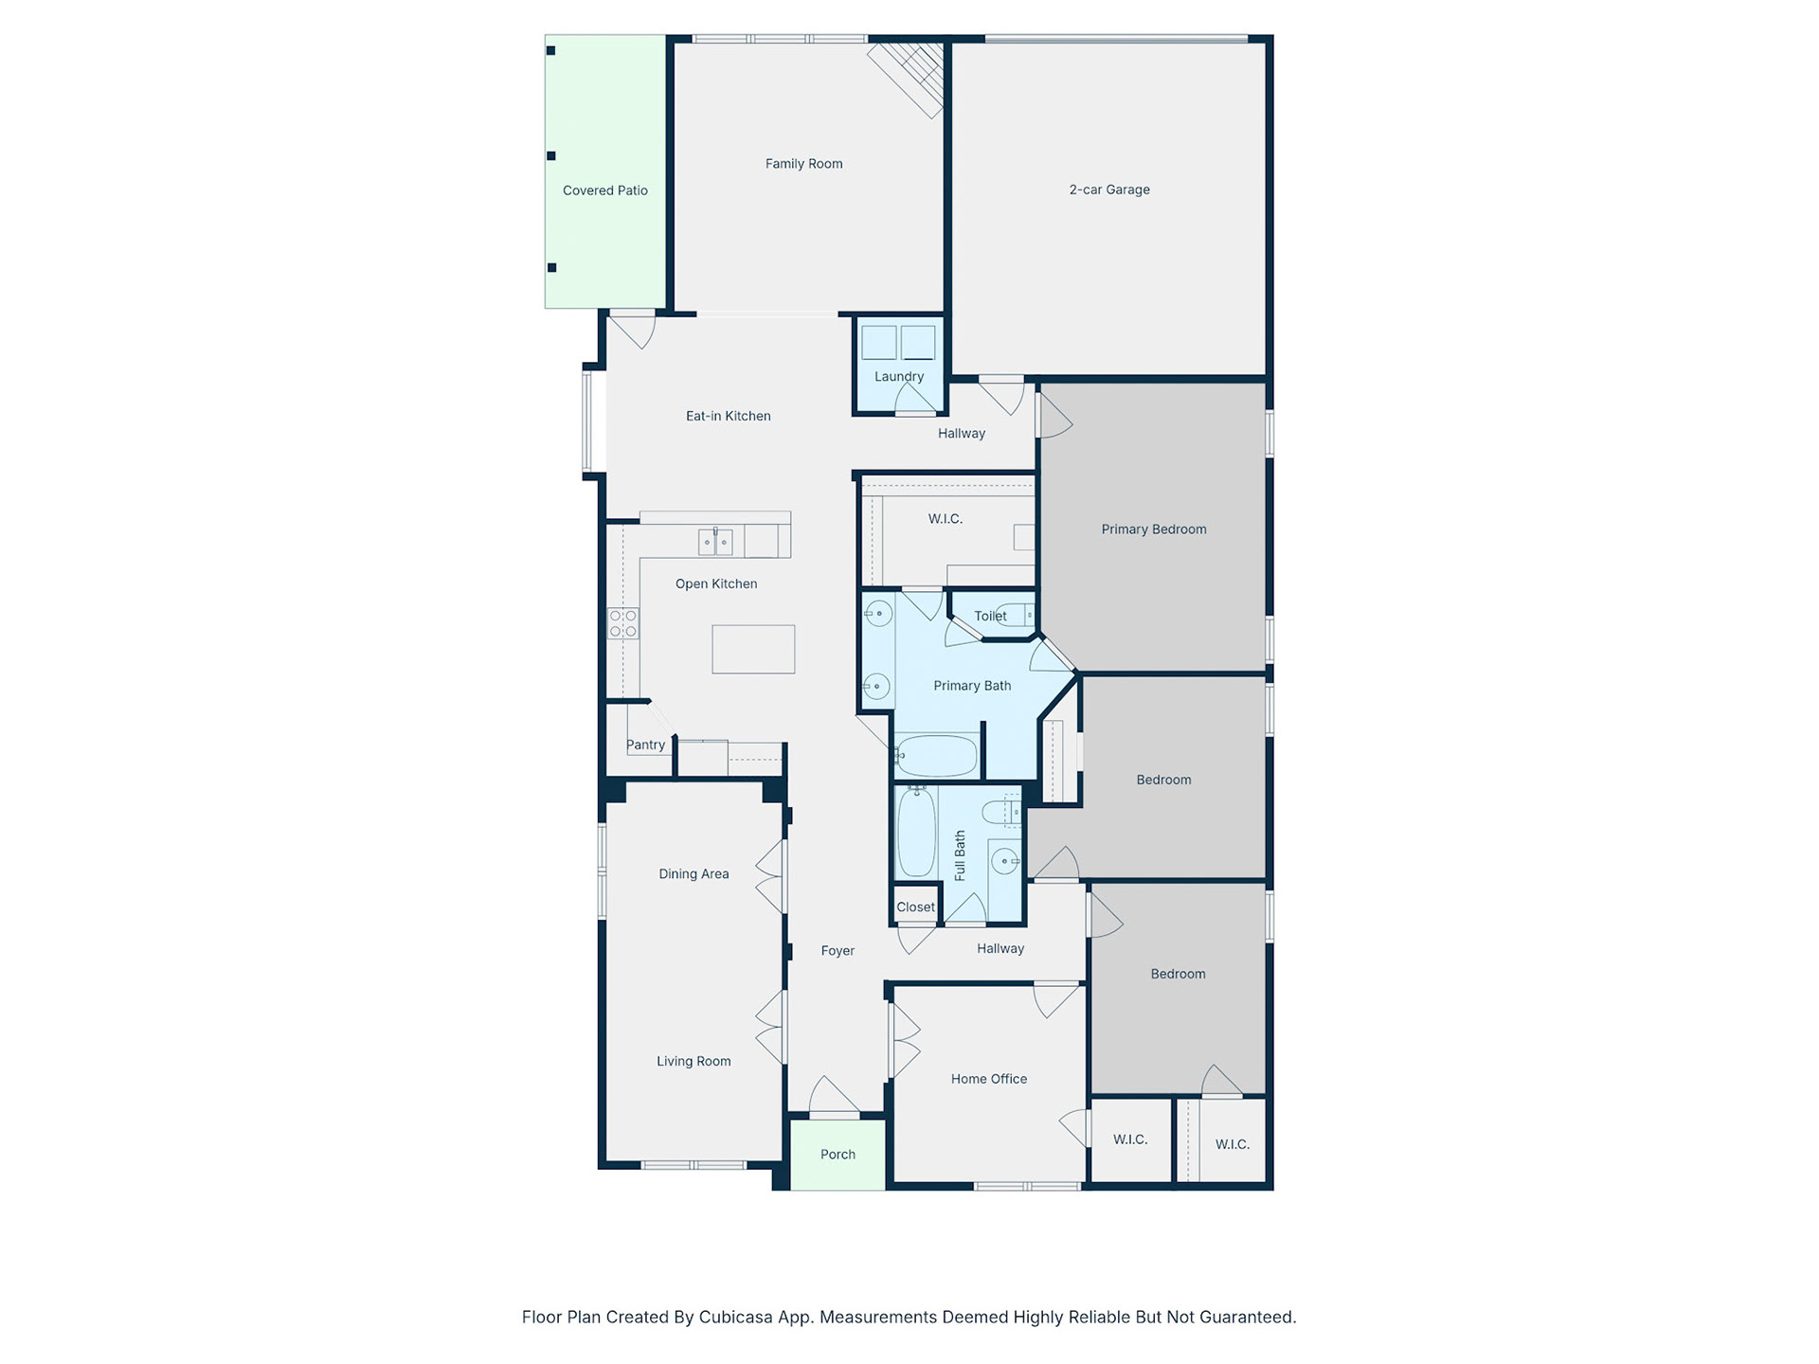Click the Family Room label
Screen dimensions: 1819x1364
[x=803, y=164]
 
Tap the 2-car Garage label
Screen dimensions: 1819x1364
[x=1109, y=189]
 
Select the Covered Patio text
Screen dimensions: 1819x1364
[x=605, y=190]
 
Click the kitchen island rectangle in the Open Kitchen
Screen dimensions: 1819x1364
[x=753, y=649]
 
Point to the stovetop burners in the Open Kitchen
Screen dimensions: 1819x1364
[x=622, y=623]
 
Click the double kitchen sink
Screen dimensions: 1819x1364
[x=715, y=542]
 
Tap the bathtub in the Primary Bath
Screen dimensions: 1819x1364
[x=936, y=756]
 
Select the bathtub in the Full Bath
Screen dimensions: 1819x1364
[x=916, y=833]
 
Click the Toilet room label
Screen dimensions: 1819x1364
[x=990, y=616]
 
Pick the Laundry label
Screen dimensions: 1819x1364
[x=899, y=376]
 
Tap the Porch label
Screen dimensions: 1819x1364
[x=837, y=1155]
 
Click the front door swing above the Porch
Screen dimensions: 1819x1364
[x=834, y=1096]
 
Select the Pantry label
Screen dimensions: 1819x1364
[x=645, y=745]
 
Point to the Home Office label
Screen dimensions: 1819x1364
[x=989, y=1079]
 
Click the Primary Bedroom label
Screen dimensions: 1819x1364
[x=1154, y=529]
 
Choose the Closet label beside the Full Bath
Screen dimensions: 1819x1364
[x=915, y=907]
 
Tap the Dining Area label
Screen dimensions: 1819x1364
[x=693, y=874]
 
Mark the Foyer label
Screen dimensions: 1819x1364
[x=837, y=951]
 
